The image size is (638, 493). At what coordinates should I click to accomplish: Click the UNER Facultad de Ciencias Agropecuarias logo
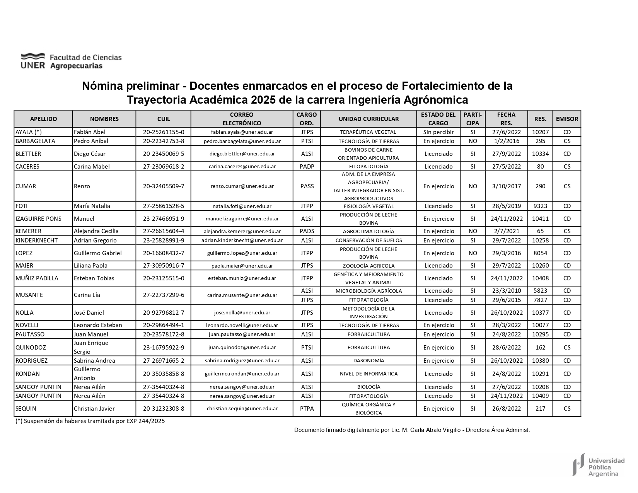71,61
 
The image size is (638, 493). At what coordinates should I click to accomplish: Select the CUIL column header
164,119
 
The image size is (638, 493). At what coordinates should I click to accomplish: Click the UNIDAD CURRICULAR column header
368,119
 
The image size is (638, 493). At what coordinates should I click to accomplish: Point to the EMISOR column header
567,119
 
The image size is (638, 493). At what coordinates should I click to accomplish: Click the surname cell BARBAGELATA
35,141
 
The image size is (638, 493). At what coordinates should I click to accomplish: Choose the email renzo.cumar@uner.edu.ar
242,186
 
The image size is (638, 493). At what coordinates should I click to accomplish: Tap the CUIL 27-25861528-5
164,206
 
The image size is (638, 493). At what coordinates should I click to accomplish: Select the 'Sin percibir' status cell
438,132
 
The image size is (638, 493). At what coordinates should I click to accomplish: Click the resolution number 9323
540,206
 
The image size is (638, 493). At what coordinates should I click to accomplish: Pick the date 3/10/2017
507,186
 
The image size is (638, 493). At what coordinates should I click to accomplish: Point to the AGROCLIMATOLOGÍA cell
368,231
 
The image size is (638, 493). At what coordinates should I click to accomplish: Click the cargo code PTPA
307,408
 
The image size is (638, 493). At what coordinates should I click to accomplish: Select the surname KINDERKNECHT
36,241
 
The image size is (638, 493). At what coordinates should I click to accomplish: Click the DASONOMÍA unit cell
368,360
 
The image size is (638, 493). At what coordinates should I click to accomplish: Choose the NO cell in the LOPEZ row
473,253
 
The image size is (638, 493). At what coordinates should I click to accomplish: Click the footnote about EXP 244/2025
90,421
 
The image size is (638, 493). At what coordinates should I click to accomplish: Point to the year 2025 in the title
263,100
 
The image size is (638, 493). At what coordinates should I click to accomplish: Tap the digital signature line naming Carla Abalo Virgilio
412,430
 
